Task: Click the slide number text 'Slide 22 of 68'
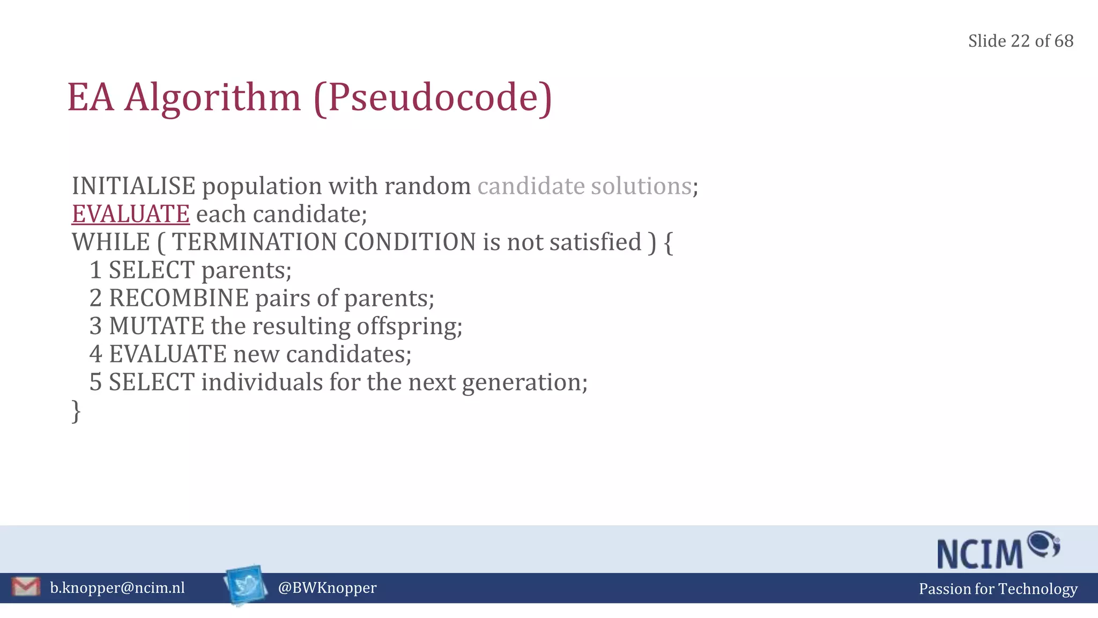point(1020,41)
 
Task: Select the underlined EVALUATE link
point(131,214)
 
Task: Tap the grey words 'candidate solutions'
point(584,186)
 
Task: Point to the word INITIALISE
point(133,186)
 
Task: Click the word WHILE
point(111,242)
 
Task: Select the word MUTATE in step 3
point(157,326)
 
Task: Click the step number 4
point(95,354)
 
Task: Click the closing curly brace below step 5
point(76,411)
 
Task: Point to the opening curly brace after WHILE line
point(668,242)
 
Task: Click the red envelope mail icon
point(25,587)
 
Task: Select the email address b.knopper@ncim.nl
point(117,588)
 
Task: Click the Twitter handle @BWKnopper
point(327,588)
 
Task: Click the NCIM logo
point(998,550)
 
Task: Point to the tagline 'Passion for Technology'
point(998,589)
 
